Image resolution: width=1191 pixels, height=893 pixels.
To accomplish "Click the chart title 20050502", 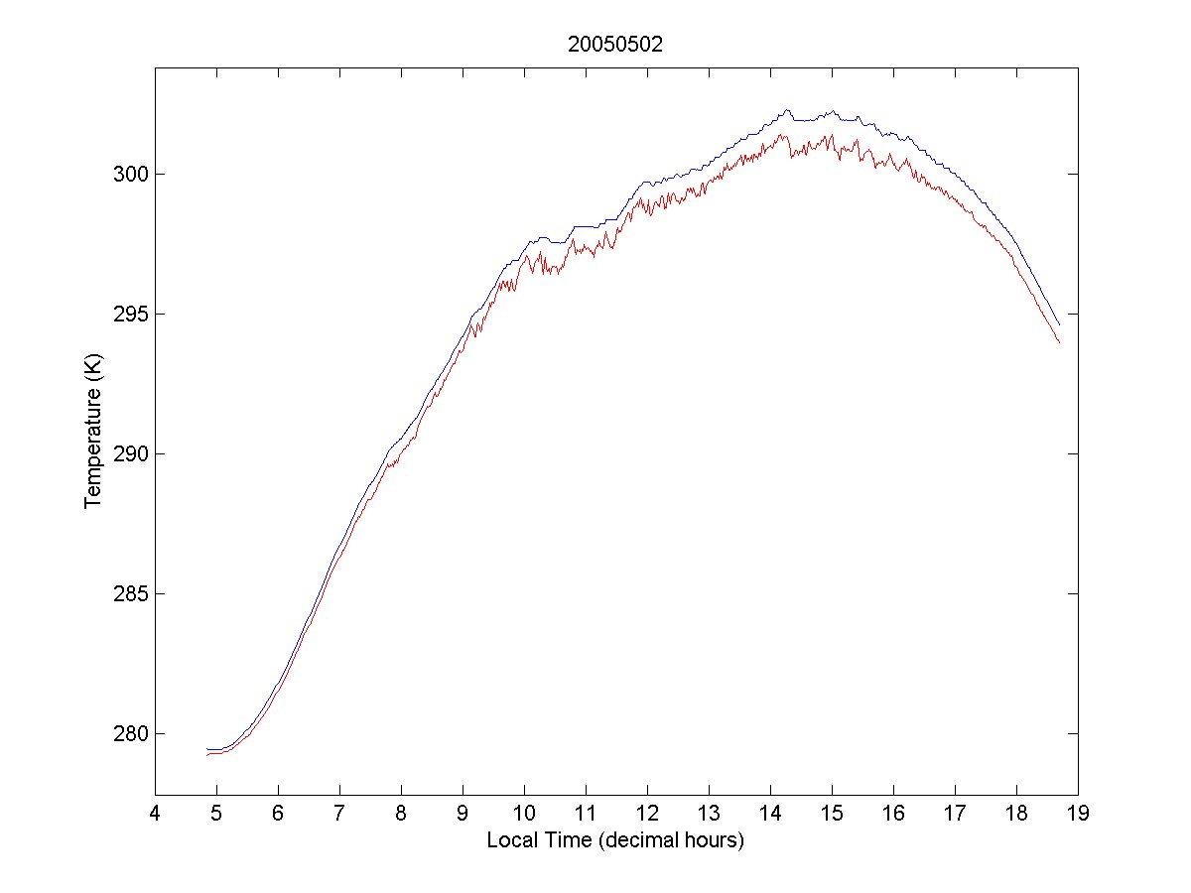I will [x=614, y=45].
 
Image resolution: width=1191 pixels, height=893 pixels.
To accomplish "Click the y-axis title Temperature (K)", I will [x=93, y=434].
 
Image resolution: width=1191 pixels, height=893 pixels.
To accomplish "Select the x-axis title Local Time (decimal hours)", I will [x=615, y=840].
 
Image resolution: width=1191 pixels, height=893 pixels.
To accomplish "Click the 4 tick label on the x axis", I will [x=155, y=816].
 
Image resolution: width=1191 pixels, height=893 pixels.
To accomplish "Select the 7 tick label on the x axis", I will [x=339, y=816].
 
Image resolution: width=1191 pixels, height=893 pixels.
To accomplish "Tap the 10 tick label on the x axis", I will [x=524, y=816].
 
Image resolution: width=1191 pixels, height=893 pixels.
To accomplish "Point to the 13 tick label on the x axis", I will [x=709, y=816].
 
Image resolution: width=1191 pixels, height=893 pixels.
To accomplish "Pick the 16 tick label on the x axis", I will [x=893, y=816].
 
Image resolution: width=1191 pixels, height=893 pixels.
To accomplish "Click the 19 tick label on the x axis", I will [x=1078, y=816].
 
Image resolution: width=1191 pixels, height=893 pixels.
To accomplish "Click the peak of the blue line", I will [x=786, y=110].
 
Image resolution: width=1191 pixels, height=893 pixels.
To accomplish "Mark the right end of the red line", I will [x=1060, y=342].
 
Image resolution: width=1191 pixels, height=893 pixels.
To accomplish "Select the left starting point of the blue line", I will [x=206, y=749].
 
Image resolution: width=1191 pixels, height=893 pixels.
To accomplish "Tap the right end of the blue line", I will [x=1060, y=324].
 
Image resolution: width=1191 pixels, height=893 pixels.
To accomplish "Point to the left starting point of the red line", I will [x=206, y=755].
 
